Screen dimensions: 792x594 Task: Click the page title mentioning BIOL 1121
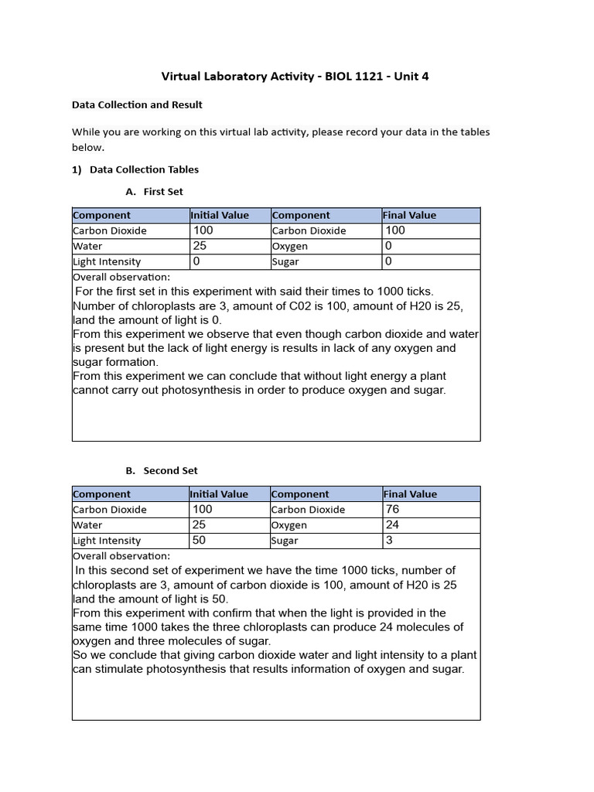[295, 76]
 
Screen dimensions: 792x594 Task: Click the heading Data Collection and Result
[137, 104]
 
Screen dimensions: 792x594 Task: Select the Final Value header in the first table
[410, 215]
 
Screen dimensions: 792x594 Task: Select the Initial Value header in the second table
[220, 493]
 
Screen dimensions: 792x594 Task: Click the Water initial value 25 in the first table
[200, 246]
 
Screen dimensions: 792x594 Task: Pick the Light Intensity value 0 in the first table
[196, 261]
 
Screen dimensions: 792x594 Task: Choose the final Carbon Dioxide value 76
[393, 509]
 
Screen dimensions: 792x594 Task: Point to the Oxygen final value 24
[393, 524]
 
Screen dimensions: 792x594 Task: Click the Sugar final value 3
[389, 540]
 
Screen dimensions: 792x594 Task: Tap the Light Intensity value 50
[200, 540]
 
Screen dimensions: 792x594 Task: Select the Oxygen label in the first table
[290, 246]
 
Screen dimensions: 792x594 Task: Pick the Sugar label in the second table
[285, 541]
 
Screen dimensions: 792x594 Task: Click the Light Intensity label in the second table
[107, 541]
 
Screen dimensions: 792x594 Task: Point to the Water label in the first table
[87, 246]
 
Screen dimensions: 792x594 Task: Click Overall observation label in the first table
[121, 277]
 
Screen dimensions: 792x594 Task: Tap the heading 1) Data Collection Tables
[135, 169]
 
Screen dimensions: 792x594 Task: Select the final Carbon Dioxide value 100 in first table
[395, 230]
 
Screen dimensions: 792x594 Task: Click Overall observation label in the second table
[121, 555]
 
